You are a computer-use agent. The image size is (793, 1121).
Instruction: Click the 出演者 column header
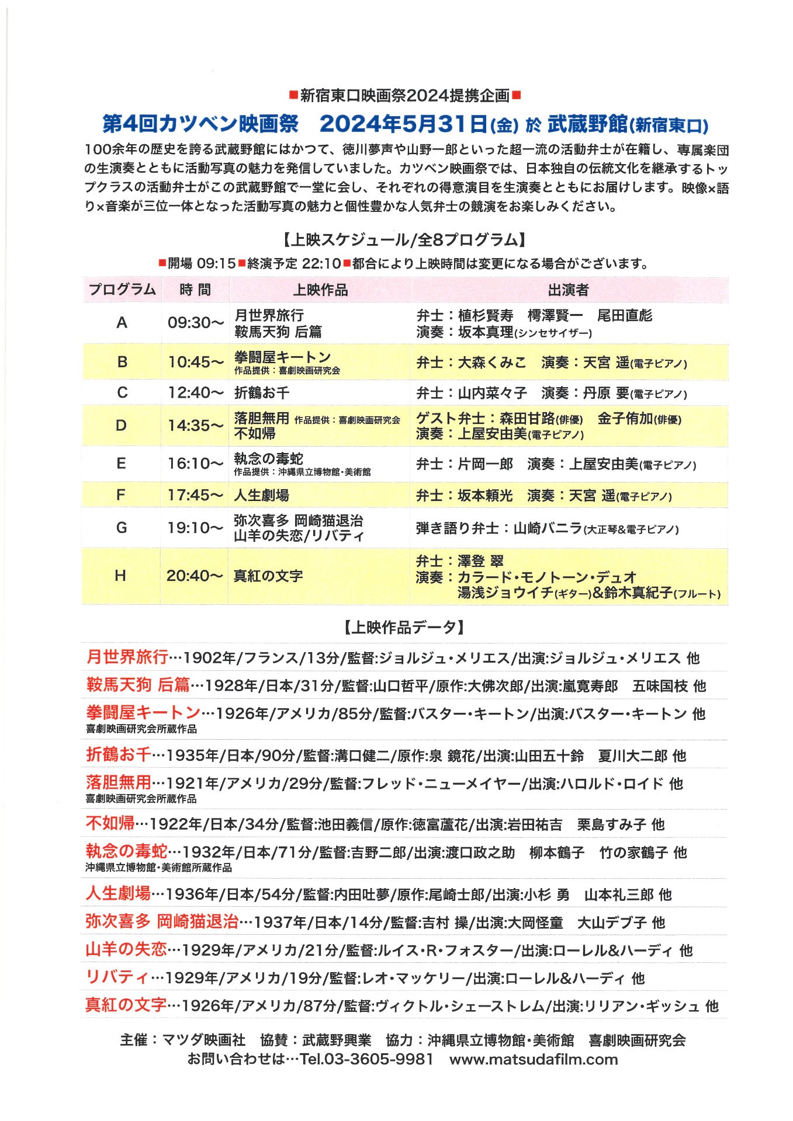pyautogui.click(x=568, y=290)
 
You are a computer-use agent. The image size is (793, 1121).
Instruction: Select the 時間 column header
pyautogui.click(x=195, y=290)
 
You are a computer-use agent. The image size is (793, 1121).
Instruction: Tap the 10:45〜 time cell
pyautogui.click(x=196, y=362)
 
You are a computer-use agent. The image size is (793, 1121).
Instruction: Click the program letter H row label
pyautogui.click(x=120, y=576)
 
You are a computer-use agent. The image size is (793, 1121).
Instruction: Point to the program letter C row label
pyautogui.click(x=122, y=392)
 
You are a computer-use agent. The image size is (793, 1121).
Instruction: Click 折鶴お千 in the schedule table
pyautogui.click(x=262, y=392)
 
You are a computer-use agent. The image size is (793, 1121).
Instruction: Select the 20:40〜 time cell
pyautogui.click(x=195, y=576)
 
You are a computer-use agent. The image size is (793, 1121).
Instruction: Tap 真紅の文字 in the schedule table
pyautogui.click(x=268, y=576)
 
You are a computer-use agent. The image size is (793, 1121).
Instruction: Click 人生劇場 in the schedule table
pyautogui.click(x=261, y=495)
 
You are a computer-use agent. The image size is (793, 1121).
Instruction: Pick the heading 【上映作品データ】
pyautogui.click(x=403, y=628)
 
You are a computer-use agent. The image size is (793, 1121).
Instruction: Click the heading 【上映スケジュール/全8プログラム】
pyautogui.click(x=403, y=240)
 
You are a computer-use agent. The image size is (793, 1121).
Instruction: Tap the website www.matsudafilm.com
pyautogui.click(x=534, y=1059)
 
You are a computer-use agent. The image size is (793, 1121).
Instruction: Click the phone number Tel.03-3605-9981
pyautogui.click(x=366, y=1059)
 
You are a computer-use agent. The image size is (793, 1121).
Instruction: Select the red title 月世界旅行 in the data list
pyautogui.click(x=127, y=657)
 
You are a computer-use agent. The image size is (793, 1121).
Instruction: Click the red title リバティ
pyautogui.click(x=117, y=977)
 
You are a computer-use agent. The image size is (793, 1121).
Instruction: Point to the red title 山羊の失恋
pyautogui.click(x=126, y=949)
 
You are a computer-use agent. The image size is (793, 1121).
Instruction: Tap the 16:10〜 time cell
pyautogui.click(x=196, y=464)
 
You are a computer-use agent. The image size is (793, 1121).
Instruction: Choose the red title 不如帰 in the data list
pyautogui.click(x=110, y=823)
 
